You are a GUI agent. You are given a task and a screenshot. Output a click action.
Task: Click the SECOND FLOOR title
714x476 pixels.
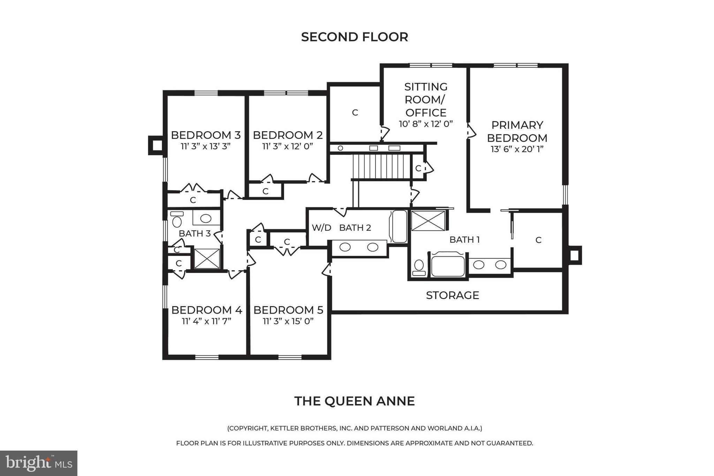[354, 37]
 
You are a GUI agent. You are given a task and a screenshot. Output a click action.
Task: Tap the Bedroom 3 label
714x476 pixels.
[205, 135]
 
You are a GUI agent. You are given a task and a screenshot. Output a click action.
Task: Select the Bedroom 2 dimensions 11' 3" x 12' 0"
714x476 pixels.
[288, 146]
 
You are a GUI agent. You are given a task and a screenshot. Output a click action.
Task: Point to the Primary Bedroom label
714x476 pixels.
[517, 131]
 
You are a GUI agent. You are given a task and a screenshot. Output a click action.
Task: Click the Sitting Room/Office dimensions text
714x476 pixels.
[426, 124]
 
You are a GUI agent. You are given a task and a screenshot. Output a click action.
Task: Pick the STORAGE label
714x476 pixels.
[452, 295]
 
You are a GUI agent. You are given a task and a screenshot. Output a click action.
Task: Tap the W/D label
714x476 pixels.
[321, 228]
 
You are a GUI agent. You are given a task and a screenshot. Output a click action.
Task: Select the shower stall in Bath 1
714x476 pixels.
[428, 221]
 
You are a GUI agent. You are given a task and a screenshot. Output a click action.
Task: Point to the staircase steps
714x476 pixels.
[382, 166]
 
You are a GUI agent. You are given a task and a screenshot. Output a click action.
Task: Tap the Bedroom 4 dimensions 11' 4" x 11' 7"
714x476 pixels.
[206, 321]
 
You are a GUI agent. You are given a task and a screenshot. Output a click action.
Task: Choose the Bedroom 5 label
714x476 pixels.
[288, 310]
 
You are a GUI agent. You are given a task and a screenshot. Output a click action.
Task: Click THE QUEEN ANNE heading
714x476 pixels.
[354, 401]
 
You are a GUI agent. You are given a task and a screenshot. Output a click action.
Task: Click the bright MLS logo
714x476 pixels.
[39, 463]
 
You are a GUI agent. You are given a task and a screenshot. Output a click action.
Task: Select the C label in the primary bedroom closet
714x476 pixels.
[538, 240]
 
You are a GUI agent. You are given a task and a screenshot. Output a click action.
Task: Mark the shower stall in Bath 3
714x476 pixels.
[207, 259]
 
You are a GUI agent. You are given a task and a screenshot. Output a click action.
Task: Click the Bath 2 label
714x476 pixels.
[355, 228]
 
